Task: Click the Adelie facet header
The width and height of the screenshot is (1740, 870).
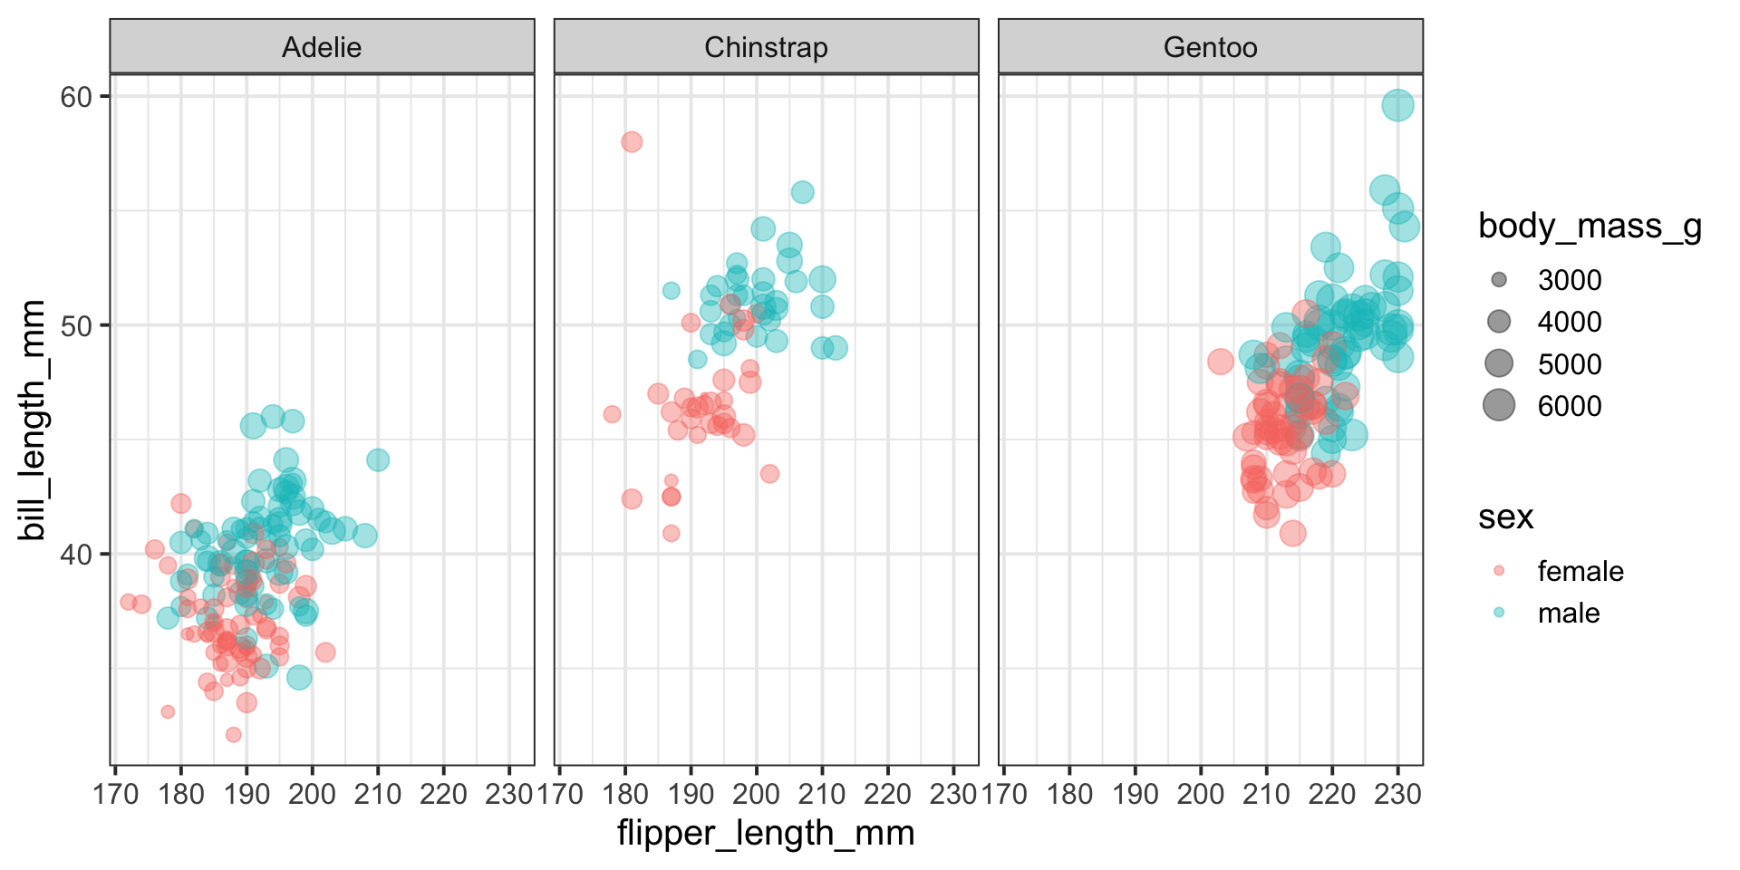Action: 322,47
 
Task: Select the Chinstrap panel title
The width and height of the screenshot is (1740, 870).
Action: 766,47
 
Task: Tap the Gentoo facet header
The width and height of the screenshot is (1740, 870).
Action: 1210,47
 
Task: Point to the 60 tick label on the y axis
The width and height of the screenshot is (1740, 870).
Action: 77,97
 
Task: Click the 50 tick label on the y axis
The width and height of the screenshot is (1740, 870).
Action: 77,325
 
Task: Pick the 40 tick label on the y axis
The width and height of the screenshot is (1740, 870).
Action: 77,554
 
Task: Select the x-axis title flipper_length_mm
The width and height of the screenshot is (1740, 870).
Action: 766,833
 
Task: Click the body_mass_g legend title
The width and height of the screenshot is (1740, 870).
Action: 1590,226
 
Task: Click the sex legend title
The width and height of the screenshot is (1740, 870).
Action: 1505,517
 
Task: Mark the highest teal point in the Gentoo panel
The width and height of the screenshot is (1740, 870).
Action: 1397,105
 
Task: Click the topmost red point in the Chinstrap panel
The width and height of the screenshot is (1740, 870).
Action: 632,142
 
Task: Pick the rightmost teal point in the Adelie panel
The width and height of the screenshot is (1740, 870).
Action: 378,460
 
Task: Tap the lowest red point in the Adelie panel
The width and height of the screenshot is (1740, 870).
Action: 234,734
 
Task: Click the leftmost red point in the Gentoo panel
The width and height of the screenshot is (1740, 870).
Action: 1221,362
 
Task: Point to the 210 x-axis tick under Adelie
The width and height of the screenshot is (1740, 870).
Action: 378,795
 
